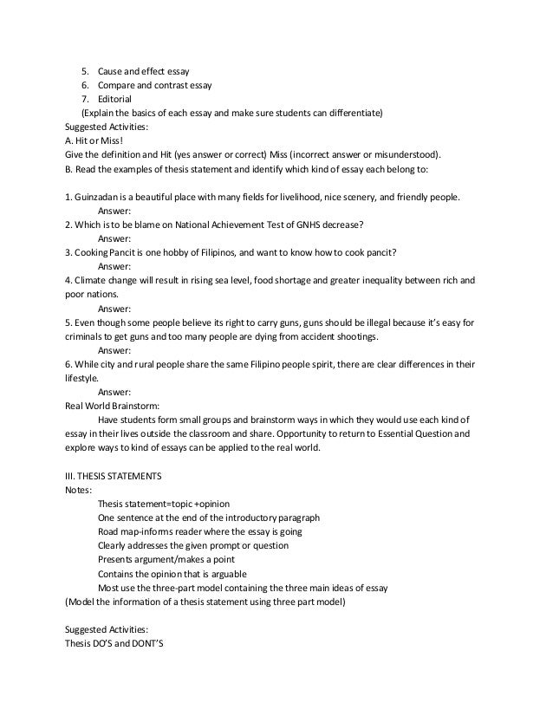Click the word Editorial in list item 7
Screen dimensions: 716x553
pos(114,99)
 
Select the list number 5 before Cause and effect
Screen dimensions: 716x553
pos(85,71)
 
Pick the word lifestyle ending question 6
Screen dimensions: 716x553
pos(81,378)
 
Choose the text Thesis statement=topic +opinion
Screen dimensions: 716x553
pos(164,504)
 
